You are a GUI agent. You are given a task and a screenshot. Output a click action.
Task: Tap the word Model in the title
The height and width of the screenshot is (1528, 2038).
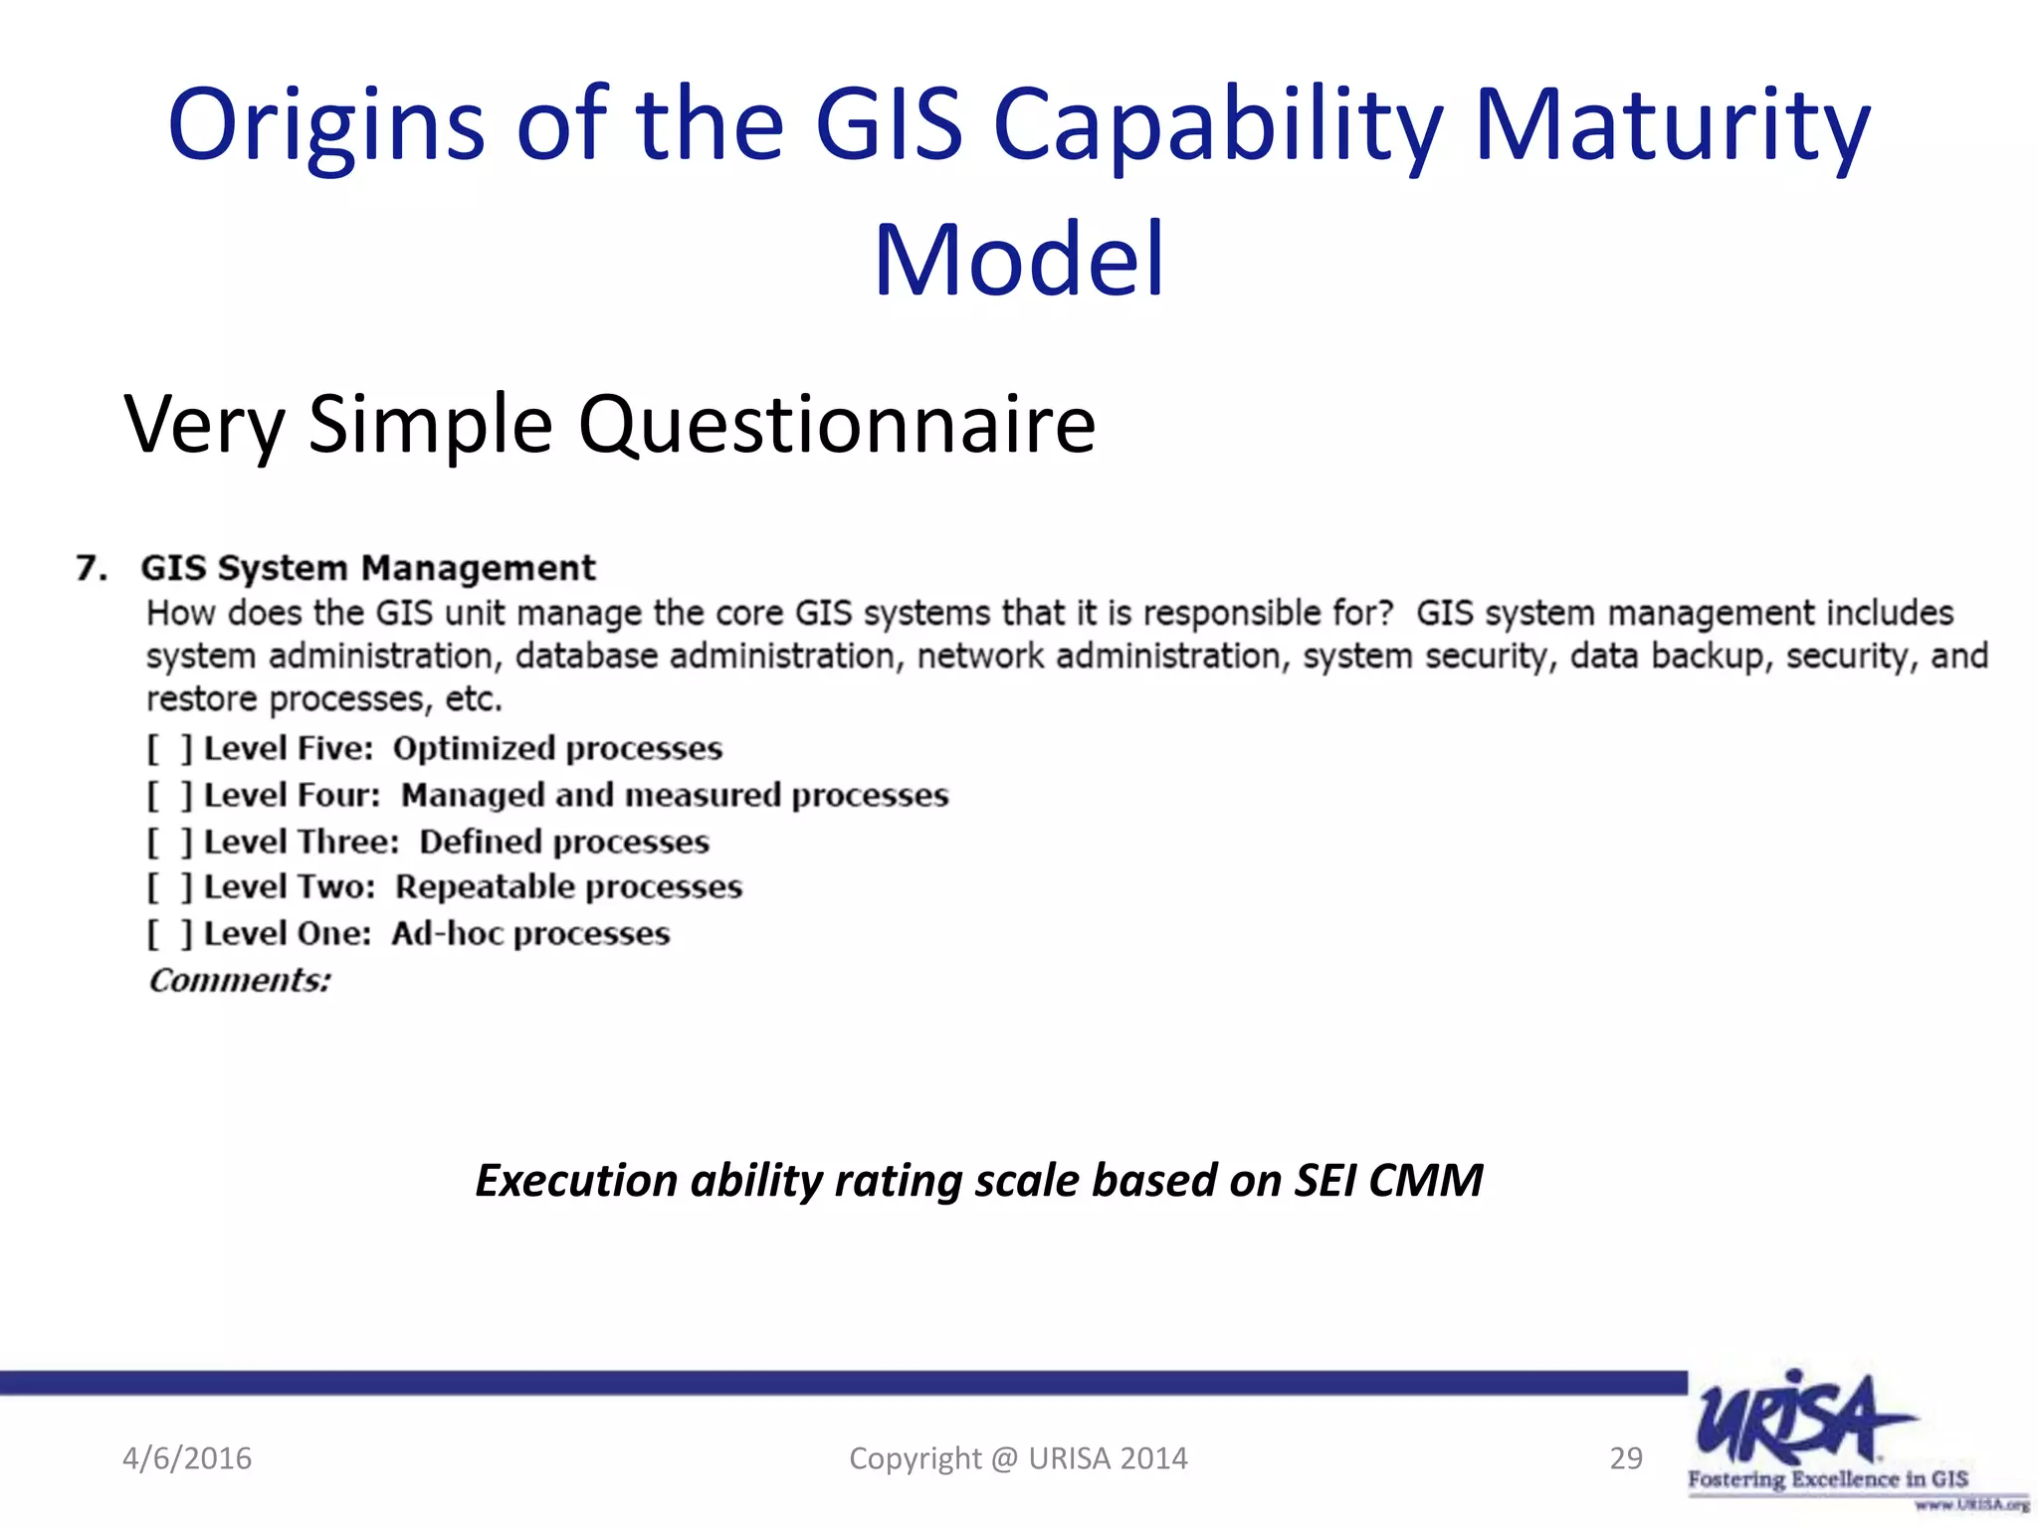pyautogui.click(x=1018, y=261)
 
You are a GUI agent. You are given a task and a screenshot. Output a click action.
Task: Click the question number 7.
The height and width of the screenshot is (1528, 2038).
pyautogui.click(x=91, y=568)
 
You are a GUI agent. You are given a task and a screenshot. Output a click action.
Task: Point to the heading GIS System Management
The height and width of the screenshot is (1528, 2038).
pyautogui.click(x=367, y=568)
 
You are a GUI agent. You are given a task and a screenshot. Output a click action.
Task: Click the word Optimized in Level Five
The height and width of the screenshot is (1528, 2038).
pyautogui.click(x=473, y=749)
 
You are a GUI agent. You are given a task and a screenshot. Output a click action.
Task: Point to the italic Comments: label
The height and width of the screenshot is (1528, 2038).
pyautogui.click(x=239, y=981)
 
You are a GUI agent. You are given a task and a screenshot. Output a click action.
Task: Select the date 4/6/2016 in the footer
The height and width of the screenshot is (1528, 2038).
pyautogui.click(x=187, y=1458)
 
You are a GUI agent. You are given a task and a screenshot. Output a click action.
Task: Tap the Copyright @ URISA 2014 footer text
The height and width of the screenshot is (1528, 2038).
pyautogui.click(x=1018, y=1458)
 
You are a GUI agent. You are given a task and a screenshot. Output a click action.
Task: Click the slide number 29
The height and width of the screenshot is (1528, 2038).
pyautogui.click(x=1625, y=1458)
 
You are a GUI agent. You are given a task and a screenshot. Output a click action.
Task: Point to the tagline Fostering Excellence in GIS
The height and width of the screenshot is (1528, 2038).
pyautogui.click(x=1827, y=1479)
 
